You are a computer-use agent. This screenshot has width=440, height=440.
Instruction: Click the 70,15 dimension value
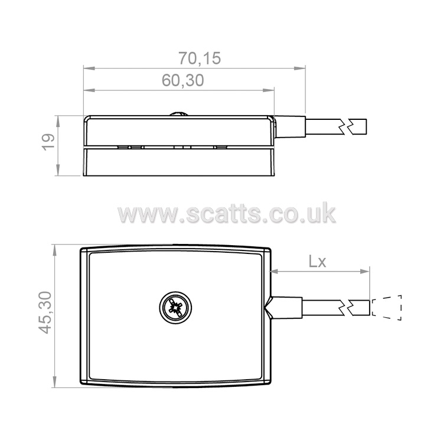(x=200, y=58)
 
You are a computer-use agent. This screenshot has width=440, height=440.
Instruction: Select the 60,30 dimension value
(x=182, y=80)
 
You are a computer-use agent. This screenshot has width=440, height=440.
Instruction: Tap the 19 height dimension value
(x=48, y=142)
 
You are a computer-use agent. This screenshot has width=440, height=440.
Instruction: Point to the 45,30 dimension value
(x=45, y=312)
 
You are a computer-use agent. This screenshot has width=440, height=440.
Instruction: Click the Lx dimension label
(x=317, y=262)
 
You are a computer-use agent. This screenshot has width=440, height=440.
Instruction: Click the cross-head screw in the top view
(x=175, y=308)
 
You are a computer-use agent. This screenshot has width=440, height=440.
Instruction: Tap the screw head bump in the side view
(x=179, y=114)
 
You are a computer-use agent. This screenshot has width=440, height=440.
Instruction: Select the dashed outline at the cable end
(x=387, y=308)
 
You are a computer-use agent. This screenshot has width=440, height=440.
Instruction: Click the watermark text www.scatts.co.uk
(x=226, y=214)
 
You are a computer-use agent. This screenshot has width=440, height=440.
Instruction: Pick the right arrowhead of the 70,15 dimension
(x=299, y=68)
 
